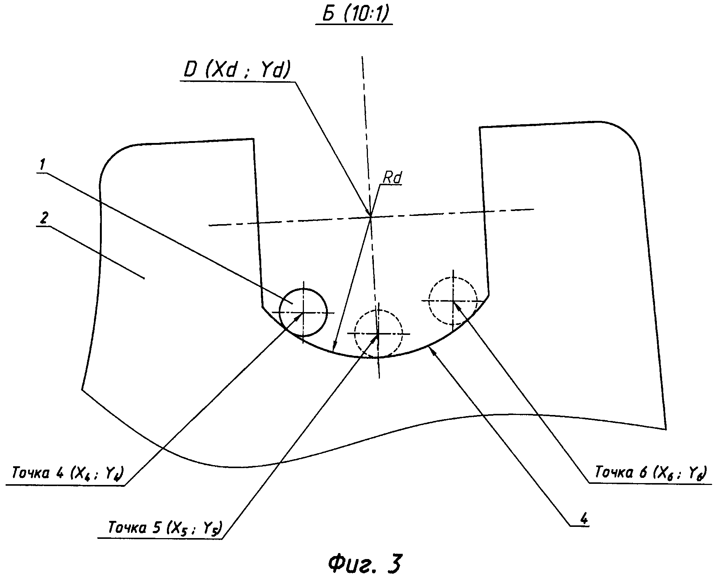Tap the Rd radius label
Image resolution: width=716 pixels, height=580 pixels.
tap(391, 179)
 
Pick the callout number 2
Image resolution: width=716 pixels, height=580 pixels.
tap(43, 219)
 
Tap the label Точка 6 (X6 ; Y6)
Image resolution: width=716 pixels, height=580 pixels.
tap(650, 473)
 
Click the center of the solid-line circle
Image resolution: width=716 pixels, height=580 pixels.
tap(304, 312)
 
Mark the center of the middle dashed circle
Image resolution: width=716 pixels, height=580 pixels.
tap(378, 333)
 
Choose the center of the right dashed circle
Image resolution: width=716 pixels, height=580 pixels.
tap(453, 300)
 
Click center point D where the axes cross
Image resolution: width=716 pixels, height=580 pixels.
tap(370, 216)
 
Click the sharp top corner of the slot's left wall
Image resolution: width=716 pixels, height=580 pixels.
tap(254, 139)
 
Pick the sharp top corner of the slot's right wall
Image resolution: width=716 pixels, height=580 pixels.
tap(480, 128)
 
